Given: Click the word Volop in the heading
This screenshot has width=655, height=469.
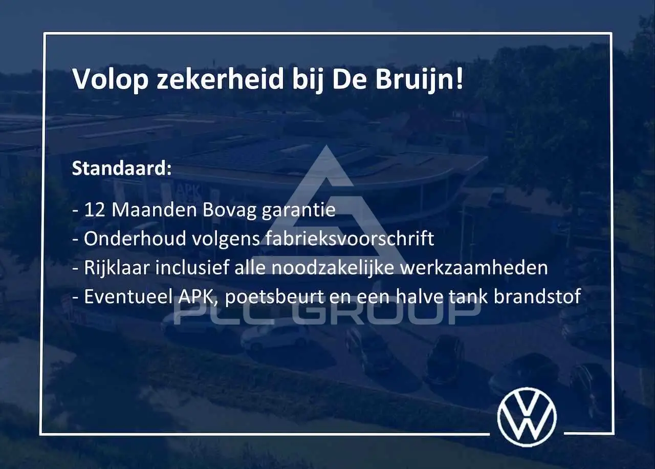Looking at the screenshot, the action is point(110,80).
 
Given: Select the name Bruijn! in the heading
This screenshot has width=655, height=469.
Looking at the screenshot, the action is point(420,79).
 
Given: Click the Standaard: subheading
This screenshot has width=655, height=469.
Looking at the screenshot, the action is point(122,168).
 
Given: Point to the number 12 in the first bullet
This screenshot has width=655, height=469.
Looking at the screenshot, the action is point(94,210).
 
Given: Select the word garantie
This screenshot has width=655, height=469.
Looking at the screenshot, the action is point(298,210).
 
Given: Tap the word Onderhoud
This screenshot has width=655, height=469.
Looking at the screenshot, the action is point(135,239).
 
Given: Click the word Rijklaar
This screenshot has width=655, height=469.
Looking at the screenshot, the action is point(117,268).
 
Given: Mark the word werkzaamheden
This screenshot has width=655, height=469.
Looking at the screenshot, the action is point(474,268).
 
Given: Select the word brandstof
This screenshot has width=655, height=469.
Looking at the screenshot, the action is point(537,296).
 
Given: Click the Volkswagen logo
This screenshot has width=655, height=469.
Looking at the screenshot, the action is point(527,417).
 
